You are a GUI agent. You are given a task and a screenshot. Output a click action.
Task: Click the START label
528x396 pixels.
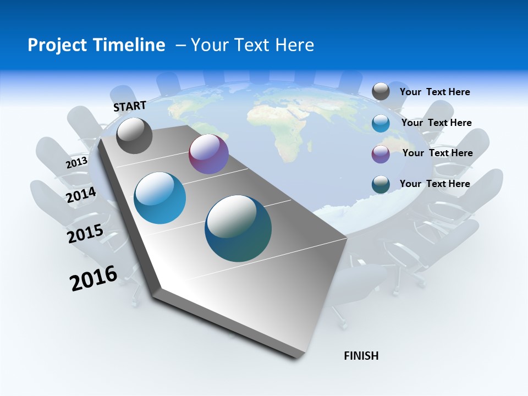(130, 106)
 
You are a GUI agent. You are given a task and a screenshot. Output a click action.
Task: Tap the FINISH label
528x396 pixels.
(361, 356)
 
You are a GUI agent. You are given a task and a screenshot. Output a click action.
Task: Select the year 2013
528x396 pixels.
(77, 162)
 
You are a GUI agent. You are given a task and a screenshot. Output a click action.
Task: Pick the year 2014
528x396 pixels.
(81, 195)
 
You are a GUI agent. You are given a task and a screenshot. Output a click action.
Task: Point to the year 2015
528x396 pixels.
(85, 234)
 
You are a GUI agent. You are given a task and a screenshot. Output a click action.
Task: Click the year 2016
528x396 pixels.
(94, 278)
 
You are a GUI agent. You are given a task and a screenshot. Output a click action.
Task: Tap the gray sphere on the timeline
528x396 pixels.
(134, 136)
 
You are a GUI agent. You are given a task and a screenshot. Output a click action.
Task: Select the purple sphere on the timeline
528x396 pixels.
(208, 155)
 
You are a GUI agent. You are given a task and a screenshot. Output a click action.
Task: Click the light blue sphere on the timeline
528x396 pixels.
(160, 198)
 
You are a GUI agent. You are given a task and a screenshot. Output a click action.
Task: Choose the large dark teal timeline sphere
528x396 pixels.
(238, 228)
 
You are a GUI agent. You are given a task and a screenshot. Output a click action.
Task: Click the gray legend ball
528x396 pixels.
(381, 92)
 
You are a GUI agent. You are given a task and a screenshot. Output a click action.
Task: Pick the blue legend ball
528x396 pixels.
(381, 123)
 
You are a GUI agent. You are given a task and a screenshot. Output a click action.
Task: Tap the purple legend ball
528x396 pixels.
(381, 154)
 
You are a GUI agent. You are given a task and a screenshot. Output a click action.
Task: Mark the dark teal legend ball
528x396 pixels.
(381, 184)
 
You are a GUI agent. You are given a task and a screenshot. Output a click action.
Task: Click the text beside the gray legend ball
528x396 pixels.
(435, 92)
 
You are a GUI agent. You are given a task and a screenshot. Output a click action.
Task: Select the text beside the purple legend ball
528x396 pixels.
(437, 153)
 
